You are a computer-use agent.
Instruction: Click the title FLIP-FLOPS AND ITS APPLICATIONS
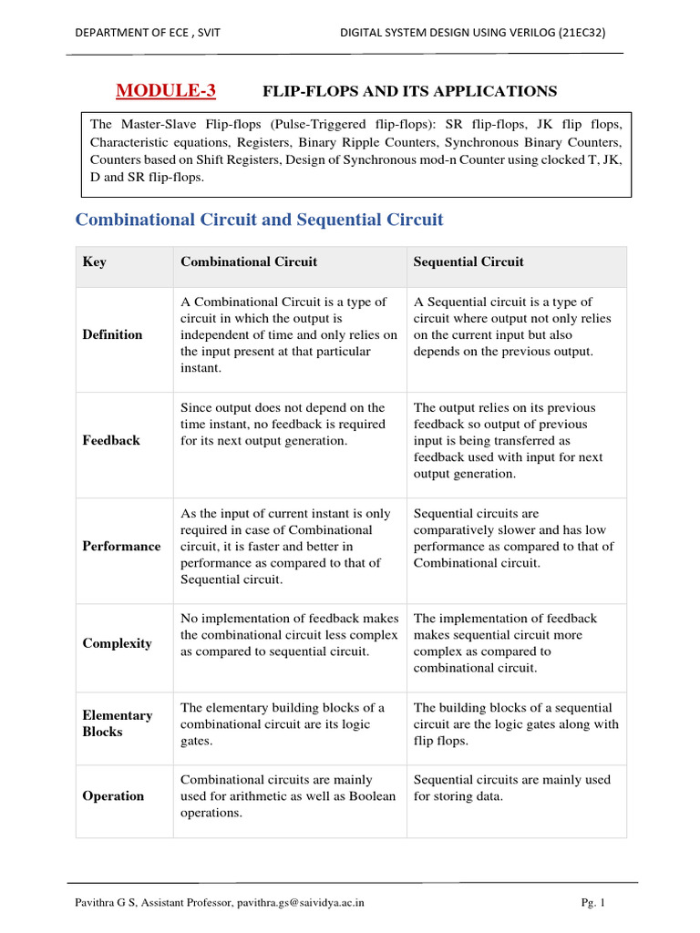[x=409, y=91]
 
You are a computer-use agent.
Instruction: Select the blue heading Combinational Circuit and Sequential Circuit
[x=259, y=220]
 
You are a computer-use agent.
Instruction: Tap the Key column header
[x=94, y=262]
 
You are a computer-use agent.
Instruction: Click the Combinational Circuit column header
[x=249, y=262]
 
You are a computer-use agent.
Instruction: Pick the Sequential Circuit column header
[x=468, y=262]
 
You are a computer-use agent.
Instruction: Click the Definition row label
[x=112, y=334]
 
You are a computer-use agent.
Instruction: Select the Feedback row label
[x=111, y=440]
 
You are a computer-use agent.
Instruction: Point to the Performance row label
[x=121, y=546]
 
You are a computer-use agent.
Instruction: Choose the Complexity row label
[x=117, y=643]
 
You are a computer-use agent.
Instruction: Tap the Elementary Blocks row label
[x=118, y=723]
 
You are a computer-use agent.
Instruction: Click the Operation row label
[x=113, y=795]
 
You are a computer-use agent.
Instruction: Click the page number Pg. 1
[x=593, y=903]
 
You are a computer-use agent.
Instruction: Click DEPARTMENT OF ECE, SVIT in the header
[x=147, y=32]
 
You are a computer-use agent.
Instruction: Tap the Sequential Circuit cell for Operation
[x=511, y=788]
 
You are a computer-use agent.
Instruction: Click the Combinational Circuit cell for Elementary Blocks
[x=283, y=724]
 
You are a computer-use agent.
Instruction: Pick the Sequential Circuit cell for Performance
[x=513, y=538]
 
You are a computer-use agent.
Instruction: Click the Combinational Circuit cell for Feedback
[x=283, y=425]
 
